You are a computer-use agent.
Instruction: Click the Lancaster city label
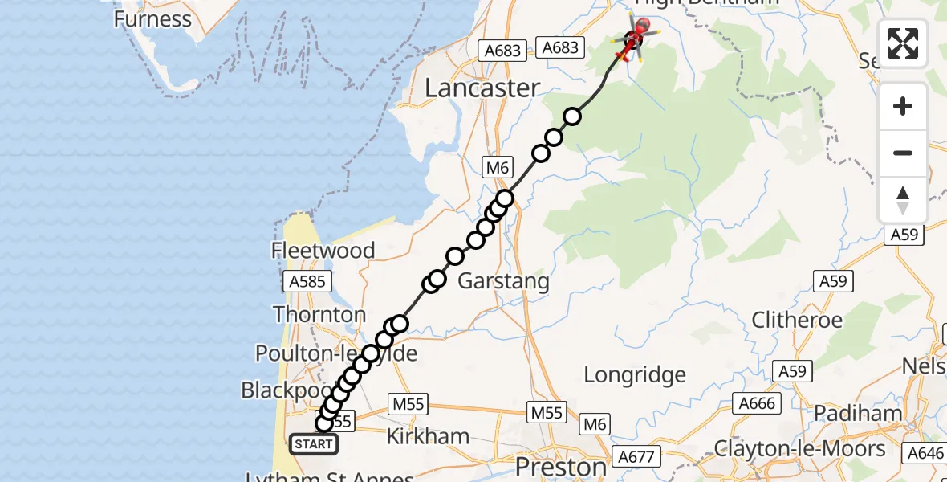click(x=482, y=88)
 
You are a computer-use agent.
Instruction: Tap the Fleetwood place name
click(x=323, y=251)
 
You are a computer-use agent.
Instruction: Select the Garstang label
click(x=503, y=281)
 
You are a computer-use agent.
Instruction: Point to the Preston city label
click(x=561, y=467)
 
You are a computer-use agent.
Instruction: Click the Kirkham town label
click(x=428, y=436)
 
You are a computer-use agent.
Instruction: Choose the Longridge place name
click(x=635, y=374)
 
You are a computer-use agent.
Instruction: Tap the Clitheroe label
click(x=797, y=320)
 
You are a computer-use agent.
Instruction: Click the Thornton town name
click(x=319, y=314)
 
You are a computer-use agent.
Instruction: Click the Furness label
click(x=152, y=18)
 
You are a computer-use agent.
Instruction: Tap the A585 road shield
click(x=306, y=281)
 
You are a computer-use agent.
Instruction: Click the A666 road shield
click(x=758, y=403)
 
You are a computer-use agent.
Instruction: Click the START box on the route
click(x=313, y=444)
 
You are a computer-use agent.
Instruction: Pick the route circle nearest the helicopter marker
click(x=572, y=117)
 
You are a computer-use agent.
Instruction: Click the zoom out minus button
click(x=903, y=153)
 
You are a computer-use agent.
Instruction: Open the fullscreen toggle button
click(x=903, y=43)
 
